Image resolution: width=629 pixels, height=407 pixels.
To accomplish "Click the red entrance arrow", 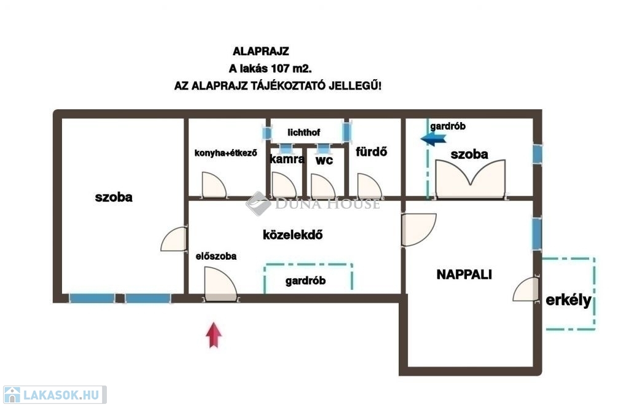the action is point(214,335).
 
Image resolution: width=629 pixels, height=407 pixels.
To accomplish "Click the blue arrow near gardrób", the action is point(433,139).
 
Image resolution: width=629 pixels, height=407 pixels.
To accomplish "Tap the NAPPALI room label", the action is point(464,274).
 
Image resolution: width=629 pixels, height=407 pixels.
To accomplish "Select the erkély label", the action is point(568,300).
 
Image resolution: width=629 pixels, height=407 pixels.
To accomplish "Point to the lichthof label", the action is point(303,133).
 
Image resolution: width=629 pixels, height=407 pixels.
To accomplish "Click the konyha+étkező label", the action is point(225,153).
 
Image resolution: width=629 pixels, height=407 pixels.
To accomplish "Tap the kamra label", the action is point(287,159).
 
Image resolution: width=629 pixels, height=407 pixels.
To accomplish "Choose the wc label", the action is point(324,160).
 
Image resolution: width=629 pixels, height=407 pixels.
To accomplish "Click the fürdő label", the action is point(372,152).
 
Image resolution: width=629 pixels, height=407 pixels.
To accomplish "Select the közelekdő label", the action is point(293,235).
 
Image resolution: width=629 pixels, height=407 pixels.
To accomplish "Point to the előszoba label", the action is point(216,256).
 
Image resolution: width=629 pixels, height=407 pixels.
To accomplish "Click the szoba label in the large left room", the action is point(114,197).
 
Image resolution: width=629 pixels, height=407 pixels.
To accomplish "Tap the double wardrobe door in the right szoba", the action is point(470,179).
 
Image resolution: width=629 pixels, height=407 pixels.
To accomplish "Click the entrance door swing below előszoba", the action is point(221,284).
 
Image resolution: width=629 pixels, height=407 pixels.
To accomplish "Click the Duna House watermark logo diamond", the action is point(258,203).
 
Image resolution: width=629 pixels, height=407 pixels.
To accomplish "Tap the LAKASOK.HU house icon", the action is point(12,395).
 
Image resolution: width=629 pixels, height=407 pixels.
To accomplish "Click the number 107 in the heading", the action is point(280,69).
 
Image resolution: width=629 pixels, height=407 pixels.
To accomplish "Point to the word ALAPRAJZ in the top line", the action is point(260,52).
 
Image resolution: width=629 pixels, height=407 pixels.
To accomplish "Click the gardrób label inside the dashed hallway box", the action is point(305,281).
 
